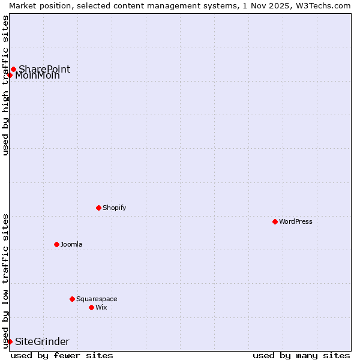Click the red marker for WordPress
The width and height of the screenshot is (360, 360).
[275, 221]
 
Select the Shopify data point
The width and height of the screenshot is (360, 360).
[98, 208]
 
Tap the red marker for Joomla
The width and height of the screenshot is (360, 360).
[56, 244]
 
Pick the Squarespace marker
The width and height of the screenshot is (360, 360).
[72, 299]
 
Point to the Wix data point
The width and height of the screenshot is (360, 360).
[91, 307]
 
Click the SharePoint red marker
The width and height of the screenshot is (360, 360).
[13, 69]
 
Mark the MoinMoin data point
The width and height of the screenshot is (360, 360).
[10, 75]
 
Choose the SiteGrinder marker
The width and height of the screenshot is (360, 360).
[10, 341]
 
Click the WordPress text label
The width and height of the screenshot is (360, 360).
[296, 221]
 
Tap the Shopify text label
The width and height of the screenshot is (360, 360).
[115, 208]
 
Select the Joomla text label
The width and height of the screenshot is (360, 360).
[71, 244]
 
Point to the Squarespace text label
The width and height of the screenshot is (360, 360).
[97, 299]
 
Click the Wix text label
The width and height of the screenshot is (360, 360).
[101, 307]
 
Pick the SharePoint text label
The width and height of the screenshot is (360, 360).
[44, 69]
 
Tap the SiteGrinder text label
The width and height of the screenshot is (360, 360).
[42, 341]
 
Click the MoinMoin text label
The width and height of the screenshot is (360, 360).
[37, 76]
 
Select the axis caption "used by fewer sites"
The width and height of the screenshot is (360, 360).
[62, 355]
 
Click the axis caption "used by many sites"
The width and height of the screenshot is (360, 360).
[301, 355]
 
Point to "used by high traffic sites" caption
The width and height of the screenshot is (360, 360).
[5, 85]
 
